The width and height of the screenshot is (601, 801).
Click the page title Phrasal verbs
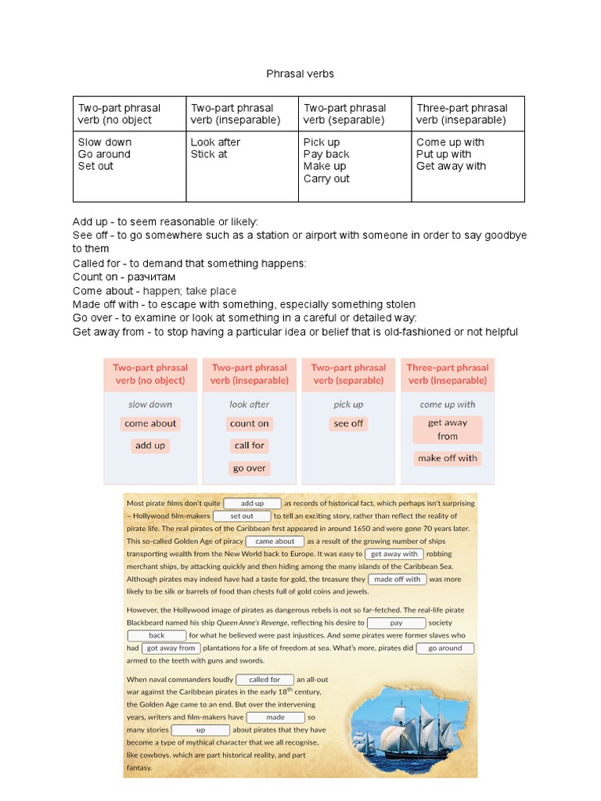click(300, 74)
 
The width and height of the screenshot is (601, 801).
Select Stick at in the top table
click(209, 154)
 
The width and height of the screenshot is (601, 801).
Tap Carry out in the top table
click(326, 178)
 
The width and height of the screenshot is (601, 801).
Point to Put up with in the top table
click(444, 154)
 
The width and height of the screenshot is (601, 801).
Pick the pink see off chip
click(348, 423)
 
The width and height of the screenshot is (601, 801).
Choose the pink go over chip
click(249, 469)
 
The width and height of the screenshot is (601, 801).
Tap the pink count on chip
click(249, 423)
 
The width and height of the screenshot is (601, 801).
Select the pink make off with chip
click(447, 458)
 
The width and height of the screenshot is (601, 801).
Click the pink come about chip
click(150, 423)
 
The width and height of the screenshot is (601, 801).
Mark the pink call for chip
click(249, 445)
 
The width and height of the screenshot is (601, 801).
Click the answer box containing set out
click(242, 516)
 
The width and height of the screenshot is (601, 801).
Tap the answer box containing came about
click(275, 541)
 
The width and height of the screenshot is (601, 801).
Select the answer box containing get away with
click(394, 554)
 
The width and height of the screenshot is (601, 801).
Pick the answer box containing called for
click(265, 680)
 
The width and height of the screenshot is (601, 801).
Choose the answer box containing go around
click(445, 648)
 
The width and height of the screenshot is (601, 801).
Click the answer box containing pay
click(396, 623)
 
